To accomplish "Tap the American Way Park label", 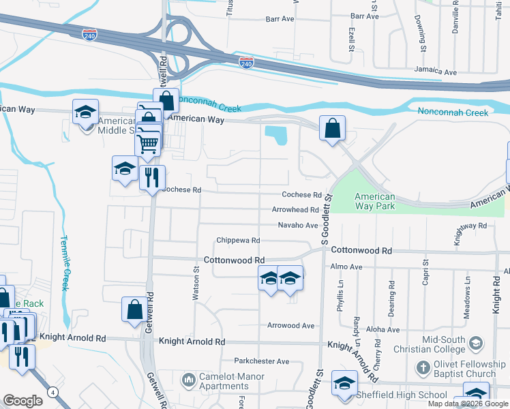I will (x=374, y=201).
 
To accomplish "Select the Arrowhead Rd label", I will (x=295, y=210).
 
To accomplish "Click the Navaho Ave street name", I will (x=298, y=225).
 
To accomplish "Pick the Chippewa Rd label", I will (x=238, y=241).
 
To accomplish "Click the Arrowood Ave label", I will (x=290, y=326).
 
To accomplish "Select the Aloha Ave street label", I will (x=383, y=329).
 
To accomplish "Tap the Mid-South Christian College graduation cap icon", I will (x=476, y=344).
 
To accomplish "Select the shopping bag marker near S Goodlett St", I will (x=332, y=128).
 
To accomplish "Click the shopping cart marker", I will (x=148, y=144).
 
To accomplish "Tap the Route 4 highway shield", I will (x=52, y=391).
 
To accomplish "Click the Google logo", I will (x=22, y=401).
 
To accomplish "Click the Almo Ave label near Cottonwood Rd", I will (x=346, y=267).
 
